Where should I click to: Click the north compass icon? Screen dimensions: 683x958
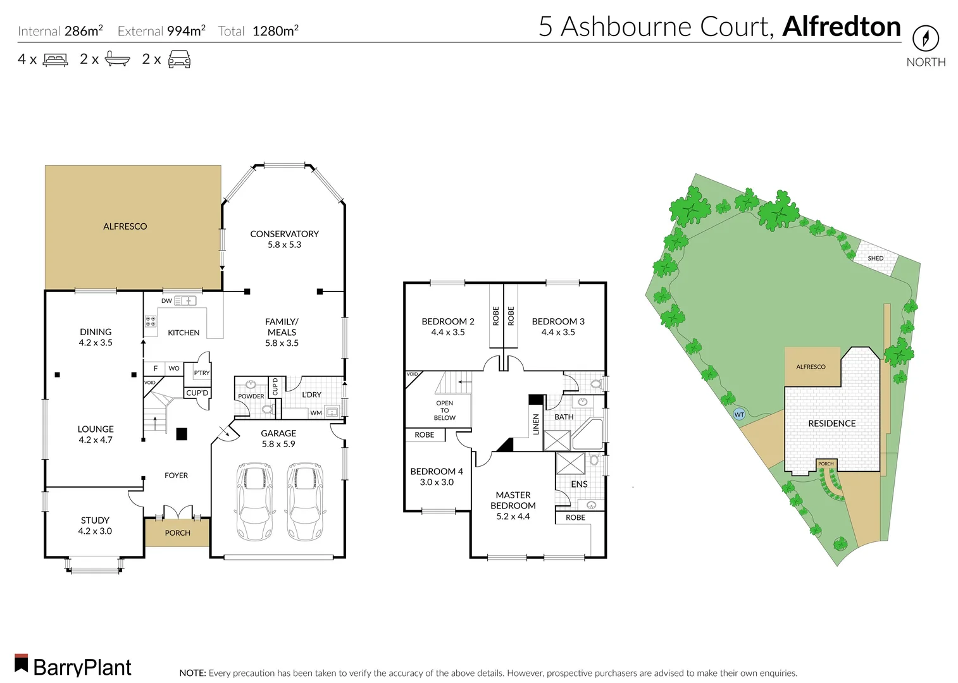point(925,39)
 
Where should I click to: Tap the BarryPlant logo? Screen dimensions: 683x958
point(73,666)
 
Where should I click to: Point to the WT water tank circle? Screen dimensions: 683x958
point(738,415)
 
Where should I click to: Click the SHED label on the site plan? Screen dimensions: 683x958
point(875,258)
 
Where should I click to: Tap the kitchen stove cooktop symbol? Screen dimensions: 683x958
point(151,321)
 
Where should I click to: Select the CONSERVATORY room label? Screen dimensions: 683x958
point(284,234)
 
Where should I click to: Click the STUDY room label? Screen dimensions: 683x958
point(95,520)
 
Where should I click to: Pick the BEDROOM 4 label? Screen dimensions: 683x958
point(437,471)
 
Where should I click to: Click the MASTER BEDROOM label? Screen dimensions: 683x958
point(513,500)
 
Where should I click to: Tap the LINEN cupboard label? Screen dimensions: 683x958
point(536,424)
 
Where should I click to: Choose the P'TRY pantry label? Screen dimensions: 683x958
point(201,373)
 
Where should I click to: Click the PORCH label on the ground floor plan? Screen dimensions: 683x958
point(177,533)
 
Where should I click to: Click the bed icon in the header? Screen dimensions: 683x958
point(55,60)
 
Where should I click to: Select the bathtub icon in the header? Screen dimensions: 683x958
point(117,60)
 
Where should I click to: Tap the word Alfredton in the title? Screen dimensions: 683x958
point(841,27)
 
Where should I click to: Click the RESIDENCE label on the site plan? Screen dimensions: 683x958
point(831,424)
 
